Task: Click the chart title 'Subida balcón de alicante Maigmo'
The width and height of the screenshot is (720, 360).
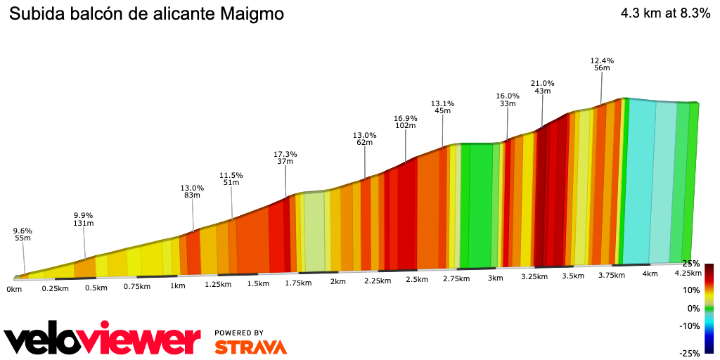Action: click(146, 14)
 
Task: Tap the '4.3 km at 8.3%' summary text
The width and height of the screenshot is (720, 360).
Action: click(665, 14)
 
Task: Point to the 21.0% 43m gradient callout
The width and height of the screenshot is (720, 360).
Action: click(542, 87)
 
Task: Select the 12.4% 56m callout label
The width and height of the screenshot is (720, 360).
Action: click(602, 64)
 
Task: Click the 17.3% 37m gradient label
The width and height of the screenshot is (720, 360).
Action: click(285, 157)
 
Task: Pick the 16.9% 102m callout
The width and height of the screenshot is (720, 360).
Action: click(405, 122)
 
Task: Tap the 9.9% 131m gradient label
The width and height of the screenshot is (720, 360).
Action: click(84, 219)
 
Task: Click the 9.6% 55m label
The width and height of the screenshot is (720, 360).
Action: click(22, 234)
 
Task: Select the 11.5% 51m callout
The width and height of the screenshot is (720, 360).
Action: click(231, 179)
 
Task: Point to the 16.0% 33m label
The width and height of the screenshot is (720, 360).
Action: click(507, 100)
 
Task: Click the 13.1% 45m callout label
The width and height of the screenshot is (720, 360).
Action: click(442, 106)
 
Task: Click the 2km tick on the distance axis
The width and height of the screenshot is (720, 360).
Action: click(338, 282)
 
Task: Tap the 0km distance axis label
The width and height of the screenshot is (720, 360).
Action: click(13, 289)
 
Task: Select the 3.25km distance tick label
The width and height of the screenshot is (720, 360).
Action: click(534, 276)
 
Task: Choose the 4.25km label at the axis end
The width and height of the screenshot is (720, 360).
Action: click(687, 273)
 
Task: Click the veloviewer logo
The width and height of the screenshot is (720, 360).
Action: click(103, 340)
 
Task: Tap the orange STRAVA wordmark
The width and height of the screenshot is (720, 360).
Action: click(250, 347)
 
